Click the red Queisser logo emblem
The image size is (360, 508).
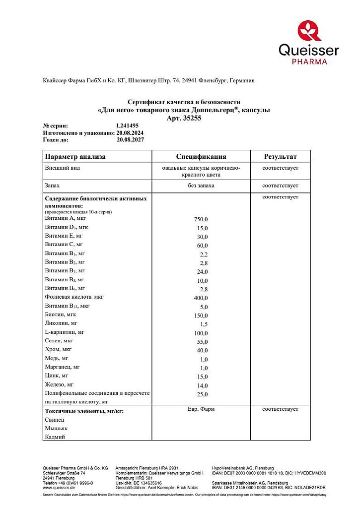pos(309,30)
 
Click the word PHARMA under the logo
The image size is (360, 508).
pos(309,62)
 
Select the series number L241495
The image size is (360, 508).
pos(127,126)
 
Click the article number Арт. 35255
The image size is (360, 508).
pos(184,118)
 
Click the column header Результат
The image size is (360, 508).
pos(280,157)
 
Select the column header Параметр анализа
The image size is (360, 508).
pos(75,157)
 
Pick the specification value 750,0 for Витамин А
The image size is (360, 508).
pos(201,219)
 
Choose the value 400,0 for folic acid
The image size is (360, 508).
pos(201,298)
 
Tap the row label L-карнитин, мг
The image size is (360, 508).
pos(65,331)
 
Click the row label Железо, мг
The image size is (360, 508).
pos(59,384)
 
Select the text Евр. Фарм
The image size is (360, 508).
pos(201,409)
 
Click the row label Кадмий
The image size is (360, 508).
pos(55,437)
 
